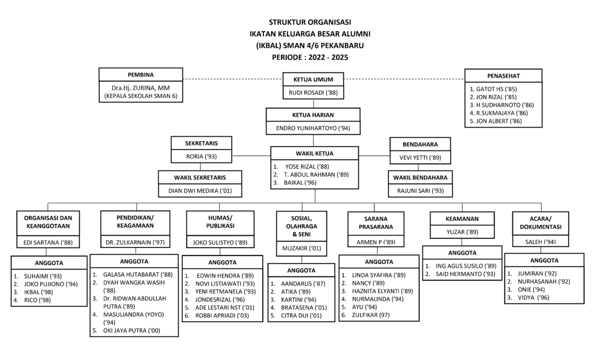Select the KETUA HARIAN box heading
tap(313, 115)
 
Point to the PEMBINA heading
tap(141, 75)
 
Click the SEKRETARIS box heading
tap(201, 143)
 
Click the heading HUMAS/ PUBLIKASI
tap(220, 222)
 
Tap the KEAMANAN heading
tap(462, 219)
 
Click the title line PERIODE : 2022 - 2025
tap(310, 57)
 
